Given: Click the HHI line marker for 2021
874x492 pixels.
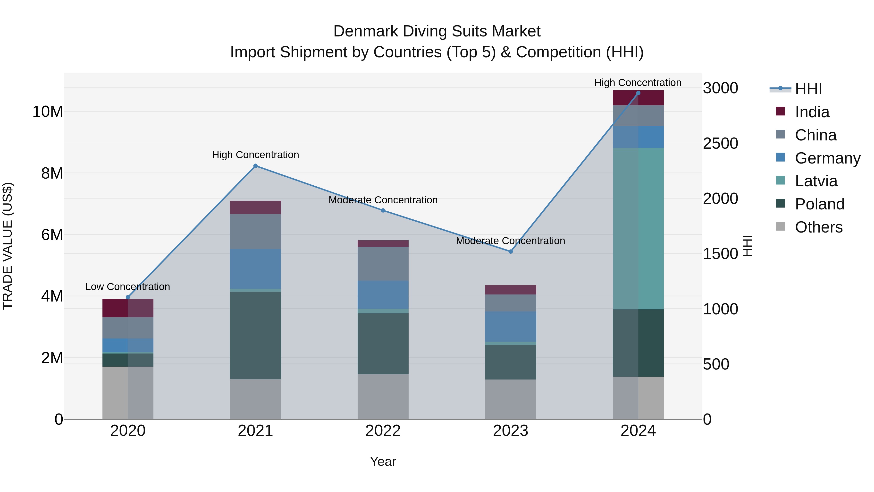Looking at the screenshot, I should (255, 166).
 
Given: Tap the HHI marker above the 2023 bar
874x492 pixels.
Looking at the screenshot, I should (511, 252).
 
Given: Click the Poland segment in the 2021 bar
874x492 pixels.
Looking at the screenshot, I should (255, 336).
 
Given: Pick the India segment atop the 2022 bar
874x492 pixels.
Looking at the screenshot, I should (383, 243).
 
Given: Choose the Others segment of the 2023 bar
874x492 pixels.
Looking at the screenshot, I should (511, 399).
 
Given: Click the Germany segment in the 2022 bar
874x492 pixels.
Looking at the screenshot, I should (383, 295).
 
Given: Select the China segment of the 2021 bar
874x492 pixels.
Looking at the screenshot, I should (255, 231).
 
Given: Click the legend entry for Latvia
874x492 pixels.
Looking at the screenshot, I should (816, 181).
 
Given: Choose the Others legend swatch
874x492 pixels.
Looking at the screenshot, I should (780, 226).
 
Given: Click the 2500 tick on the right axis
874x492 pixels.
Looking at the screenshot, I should (720, 143).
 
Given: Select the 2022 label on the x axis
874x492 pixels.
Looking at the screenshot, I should (383, 431).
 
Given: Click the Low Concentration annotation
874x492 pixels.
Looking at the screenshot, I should (127, 287).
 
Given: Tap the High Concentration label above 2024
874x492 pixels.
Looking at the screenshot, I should (638, 83).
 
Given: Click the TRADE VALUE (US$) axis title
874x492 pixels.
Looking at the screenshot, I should (8, 246).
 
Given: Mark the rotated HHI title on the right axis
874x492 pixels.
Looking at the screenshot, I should (748, 246).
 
